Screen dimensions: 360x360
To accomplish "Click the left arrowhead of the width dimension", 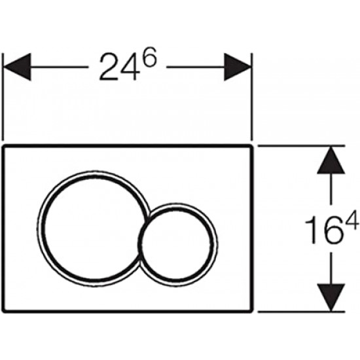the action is point(17,67).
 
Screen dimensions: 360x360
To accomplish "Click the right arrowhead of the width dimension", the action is point(238,67).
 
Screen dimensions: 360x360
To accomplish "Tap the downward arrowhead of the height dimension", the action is point(331,298).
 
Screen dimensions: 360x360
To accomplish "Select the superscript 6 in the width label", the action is point(149,58).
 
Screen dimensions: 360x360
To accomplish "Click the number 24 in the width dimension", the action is point(120,67).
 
